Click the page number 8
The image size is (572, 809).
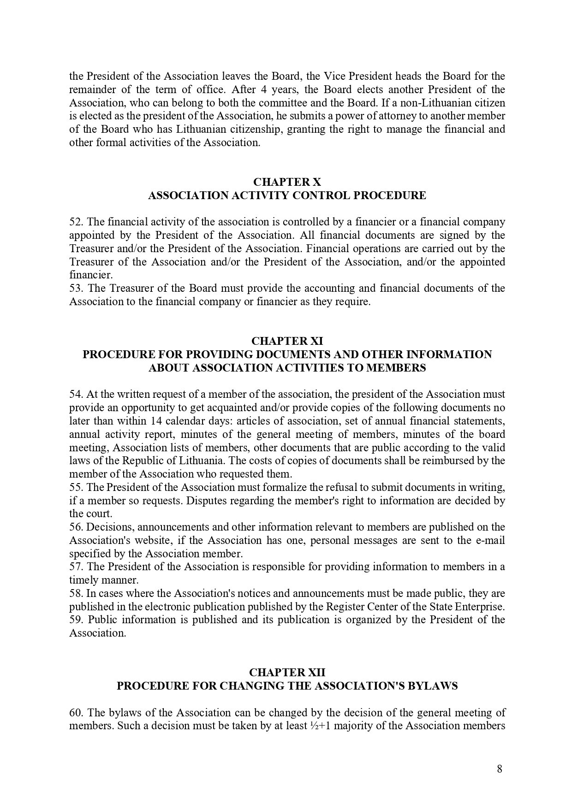pos(500,769)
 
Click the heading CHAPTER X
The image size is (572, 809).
pos(287,182)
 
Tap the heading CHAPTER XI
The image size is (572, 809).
pos(287,341)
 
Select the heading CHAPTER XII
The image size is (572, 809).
pos(287,673)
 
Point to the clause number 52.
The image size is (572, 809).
pos(75,222)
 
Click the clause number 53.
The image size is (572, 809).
pos(75,289)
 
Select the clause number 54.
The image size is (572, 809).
pos(75,395)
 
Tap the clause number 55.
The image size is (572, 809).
pos(75,487)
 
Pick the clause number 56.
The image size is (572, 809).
pos(75,527)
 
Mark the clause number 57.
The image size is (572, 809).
pos(75,567)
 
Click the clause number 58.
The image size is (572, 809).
pos(75,593)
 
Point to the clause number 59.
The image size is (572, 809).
pos(75,620)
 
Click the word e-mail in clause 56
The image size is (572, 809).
pos(490,540)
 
